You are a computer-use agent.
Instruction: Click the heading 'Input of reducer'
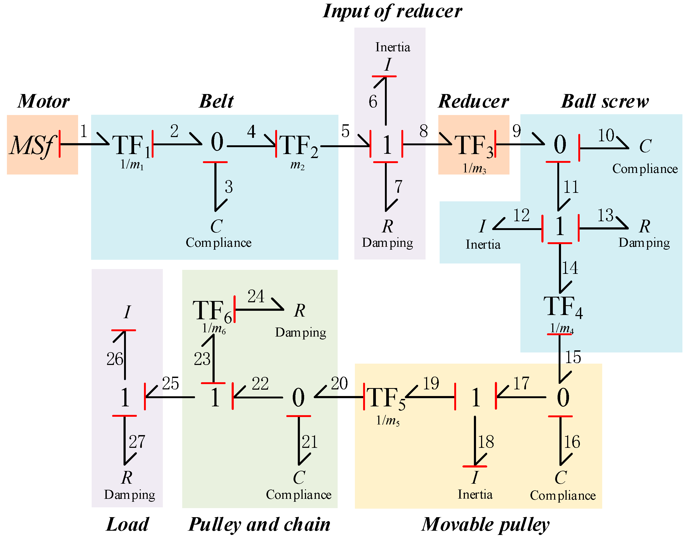point(392,11)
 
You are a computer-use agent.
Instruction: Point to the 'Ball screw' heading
point(605,101)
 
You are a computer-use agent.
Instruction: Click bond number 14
point(570,268)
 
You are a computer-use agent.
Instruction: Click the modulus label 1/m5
point(388,420)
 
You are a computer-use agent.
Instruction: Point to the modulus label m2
point(297,165)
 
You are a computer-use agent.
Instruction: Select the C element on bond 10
point(645,146)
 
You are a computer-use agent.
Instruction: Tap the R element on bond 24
point(299,311)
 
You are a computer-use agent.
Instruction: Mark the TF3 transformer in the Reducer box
point(473,146)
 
